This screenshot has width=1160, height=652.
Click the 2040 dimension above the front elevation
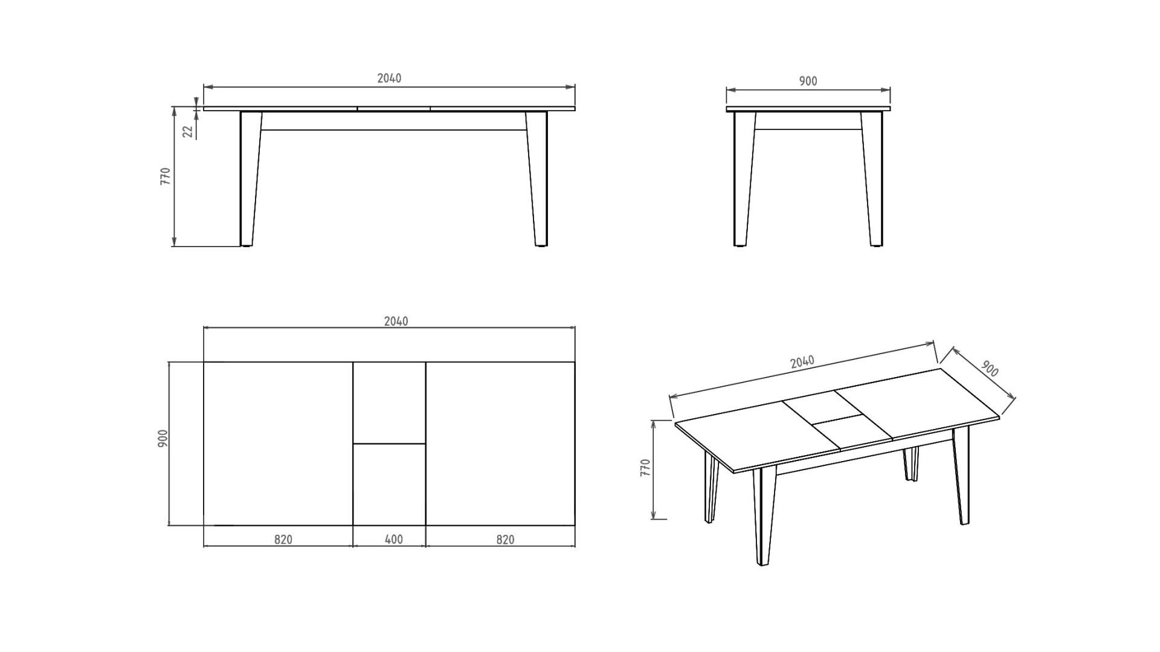(389, 78)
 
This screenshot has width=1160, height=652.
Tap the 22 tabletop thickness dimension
(188, 131)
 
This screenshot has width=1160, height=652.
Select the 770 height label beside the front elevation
(166, 176)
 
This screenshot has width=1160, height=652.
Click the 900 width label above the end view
(808, 81)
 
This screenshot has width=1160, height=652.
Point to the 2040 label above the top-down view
(396, 321)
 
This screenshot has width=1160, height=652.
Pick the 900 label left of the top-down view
(163, 438)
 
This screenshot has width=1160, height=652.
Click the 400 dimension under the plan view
(394, 539)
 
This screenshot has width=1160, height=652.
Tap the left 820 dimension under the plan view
(283, 539)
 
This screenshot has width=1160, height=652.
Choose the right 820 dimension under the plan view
(505, 539)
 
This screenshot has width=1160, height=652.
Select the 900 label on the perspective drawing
(990, 369)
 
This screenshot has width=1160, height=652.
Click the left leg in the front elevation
(250, 179)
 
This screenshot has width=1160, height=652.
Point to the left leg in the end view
(743, 179)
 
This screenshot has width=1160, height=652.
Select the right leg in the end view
(873, 179)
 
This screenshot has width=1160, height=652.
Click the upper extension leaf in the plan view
(389, 402)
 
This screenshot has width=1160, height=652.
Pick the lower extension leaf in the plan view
(389, 485)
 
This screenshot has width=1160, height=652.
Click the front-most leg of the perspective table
(764, 517)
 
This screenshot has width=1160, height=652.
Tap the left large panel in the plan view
(278, 444)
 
